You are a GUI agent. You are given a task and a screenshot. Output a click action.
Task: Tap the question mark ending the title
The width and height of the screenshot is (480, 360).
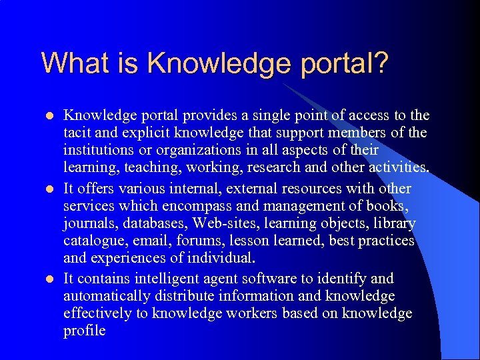380,63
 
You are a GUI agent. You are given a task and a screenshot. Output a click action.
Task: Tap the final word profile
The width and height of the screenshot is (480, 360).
84,331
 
